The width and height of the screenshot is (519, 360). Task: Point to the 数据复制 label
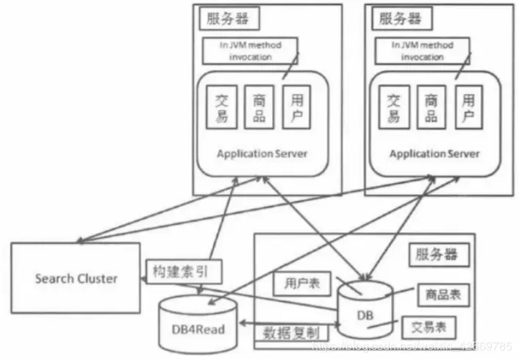click(292, 333)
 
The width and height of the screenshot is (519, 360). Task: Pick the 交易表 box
click(429, 325)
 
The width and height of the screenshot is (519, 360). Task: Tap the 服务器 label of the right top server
click(400, 19)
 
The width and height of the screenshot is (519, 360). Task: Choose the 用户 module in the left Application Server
click(296, 107)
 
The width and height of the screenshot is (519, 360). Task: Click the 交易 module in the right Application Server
click(395, 107)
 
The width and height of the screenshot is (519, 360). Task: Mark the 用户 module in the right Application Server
click(468, 107)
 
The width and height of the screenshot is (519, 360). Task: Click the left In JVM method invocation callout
click(251, 50)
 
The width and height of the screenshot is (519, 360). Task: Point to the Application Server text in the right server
click(434, 154)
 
